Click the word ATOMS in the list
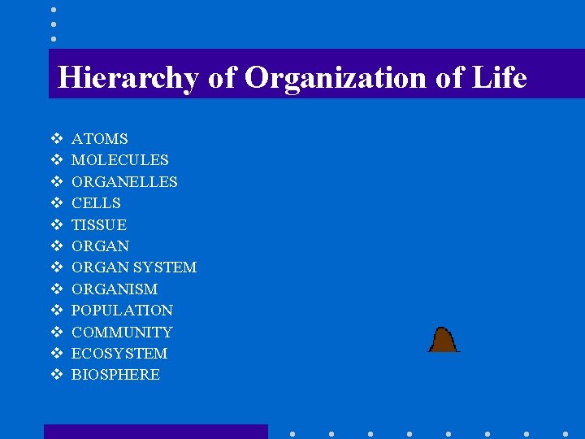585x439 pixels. click(99, 139)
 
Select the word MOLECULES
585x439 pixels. click(119, 160)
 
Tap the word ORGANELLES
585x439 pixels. click(124, 182)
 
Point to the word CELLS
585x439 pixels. click(96, 203)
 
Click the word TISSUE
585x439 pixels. click(99, 224)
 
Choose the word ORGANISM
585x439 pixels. click(115, 289)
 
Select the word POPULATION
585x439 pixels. click(122, 311)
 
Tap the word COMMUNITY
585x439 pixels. click(122, 332)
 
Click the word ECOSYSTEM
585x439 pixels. click(119, 354)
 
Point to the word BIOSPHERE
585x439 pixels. click(115, 375)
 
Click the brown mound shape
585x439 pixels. click(443, 340)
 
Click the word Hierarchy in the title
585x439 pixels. click(128, 78)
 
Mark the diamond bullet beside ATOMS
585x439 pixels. click(57, 139)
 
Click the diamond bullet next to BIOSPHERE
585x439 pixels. click(57, 375)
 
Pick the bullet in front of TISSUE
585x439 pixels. click(57, 224)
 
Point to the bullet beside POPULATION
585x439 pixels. click(57, 311)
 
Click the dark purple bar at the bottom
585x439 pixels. click(155, 432)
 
